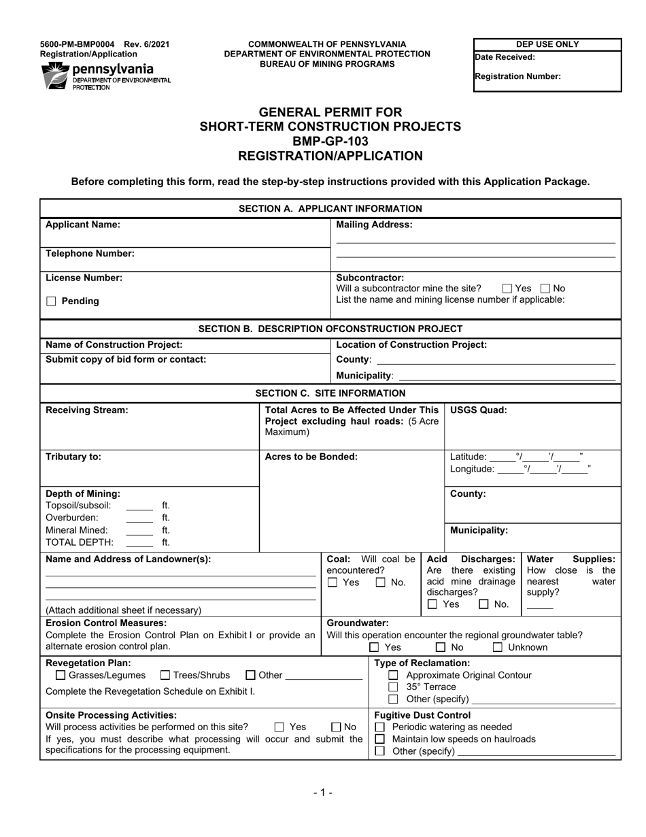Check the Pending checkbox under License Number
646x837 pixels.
coord(51,301)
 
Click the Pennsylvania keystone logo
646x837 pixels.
coord(54,76)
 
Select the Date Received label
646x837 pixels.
coord(505,58)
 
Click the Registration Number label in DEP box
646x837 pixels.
coord(517,77)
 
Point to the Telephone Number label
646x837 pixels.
coord(90,254)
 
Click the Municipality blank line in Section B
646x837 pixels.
coord(506,376)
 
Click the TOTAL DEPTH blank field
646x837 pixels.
coord(139,543)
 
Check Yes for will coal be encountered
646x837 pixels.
coord(333,582)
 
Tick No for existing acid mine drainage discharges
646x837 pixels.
coord(483,604)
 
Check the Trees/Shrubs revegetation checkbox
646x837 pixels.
coord(165,676)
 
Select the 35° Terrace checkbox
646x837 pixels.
coord(393,687)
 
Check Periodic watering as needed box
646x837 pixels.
coord(380,727)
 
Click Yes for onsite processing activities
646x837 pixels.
coord(279,727)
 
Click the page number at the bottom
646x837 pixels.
coord(323,792)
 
